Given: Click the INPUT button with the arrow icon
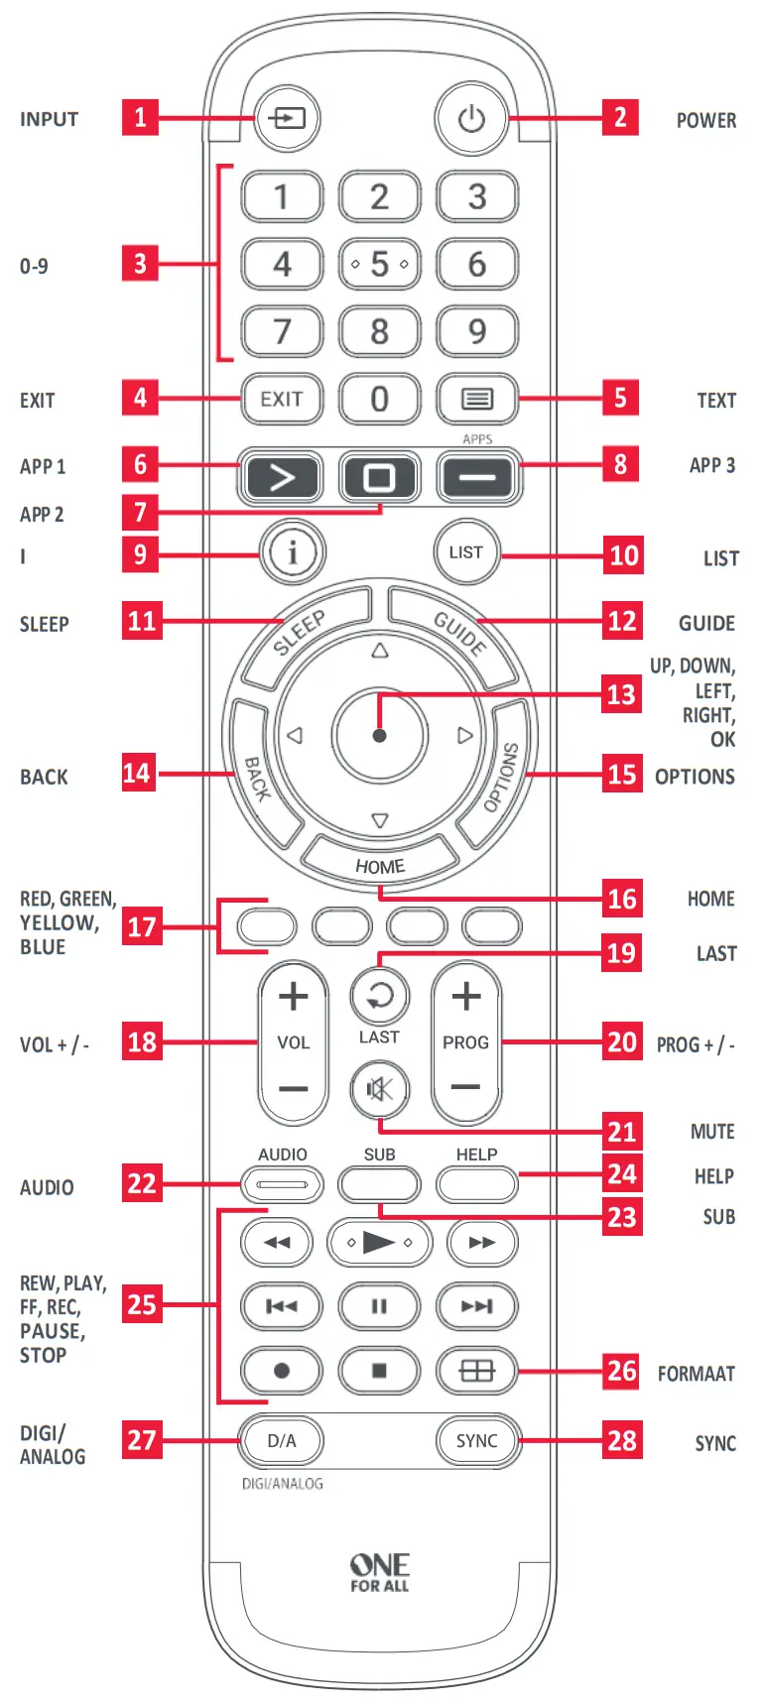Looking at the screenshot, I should coord(286,118).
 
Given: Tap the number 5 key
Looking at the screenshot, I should coord(379,264).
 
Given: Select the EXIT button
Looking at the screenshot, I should coord(282,399).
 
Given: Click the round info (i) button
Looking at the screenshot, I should coord(292,551).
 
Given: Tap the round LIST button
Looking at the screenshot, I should coord(465,551).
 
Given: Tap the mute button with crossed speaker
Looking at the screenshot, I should coord(379,1089).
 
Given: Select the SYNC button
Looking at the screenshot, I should coord(477,1440).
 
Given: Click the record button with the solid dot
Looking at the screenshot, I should coord(282,1371).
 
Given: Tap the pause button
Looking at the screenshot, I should coord(379,1306).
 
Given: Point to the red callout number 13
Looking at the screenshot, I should coord(622,693).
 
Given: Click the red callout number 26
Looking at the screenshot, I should coord(622,1371).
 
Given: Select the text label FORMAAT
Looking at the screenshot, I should coord(696,1374).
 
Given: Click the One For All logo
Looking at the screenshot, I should coord(379,1572).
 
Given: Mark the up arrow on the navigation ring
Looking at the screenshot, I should coord(379,652).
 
